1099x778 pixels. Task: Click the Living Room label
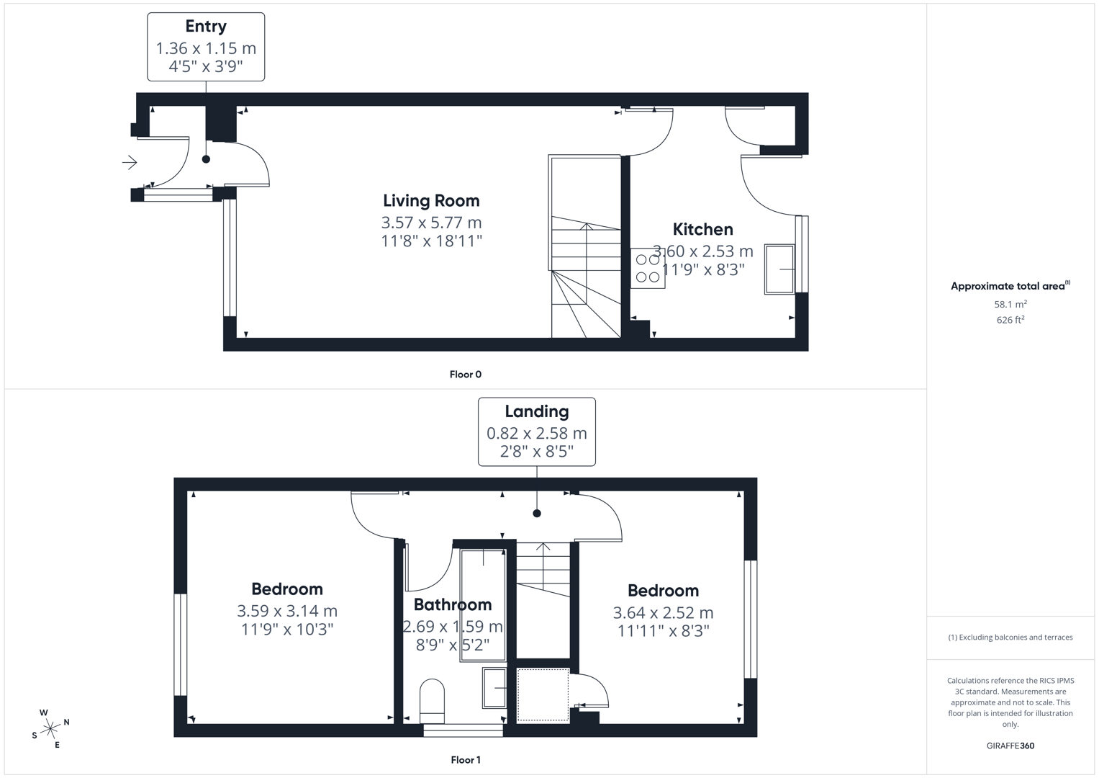[x=430, y=201]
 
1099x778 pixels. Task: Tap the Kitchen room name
[x=702, y=230]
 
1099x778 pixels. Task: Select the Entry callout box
[x=206, y=47]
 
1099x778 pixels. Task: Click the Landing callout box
[x=536, y=432]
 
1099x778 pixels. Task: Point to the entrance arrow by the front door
[x=130, y=163]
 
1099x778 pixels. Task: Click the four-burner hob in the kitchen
[x=648, y=269]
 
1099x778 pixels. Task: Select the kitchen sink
[x=779, y=269]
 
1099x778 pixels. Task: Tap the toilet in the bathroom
[x=432, y=701]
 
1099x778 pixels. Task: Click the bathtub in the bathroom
[x=482, y=605]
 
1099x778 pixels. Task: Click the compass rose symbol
[x=50, y=729]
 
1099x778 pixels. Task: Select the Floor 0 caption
[x=465, y=375]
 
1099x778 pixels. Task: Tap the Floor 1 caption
[x=465, y=760]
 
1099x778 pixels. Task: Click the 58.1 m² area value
[x=1010, y=305]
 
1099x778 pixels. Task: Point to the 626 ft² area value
[x=1010, y=321]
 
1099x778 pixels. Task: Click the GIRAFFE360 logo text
[x=1010, y=746]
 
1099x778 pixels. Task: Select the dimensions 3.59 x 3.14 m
[x=286, y=611]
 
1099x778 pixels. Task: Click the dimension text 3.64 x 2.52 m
[x=662, y=613]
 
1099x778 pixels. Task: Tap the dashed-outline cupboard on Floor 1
[x=543, y=694]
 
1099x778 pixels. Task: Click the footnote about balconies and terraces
[x=1010, y=638]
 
